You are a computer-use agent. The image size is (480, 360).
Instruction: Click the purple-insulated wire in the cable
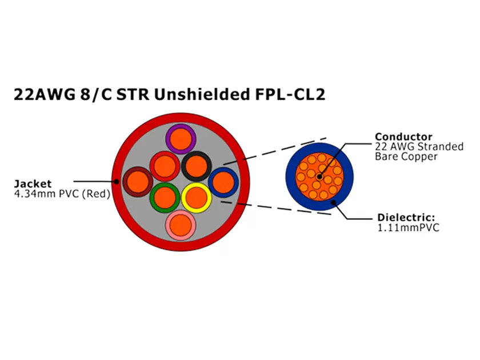[181, 139]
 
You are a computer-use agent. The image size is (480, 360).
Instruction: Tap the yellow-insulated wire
[197, 197]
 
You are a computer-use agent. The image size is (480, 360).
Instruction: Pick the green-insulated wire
[165, 198]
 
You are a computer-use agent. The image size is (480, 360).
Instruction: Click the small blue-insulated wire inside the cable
[223, 182]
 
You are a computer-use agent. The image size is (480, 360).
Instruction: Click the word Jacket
[33, 184]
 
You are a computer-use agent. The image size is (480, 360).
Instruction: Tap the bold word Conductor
[403, 137]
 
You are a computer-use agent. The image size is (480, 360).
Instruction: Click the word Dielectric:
[407, 218]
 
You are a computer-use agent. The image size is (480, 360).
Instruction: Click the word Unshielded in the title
[204, 95]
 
